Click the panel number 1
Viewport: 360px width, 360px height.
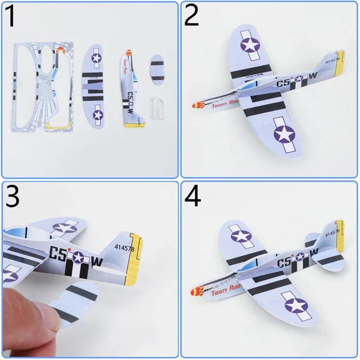click(13, 17)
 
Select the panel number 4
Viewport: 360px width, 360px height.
click(193, 197)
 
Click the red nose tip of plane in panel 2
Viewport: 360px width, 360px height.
click(196, 106)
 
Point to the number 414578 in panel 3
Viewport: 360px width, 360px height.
click(124, 247)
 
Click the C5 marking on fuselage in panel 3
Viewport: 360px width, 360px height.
click(57, 255)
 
